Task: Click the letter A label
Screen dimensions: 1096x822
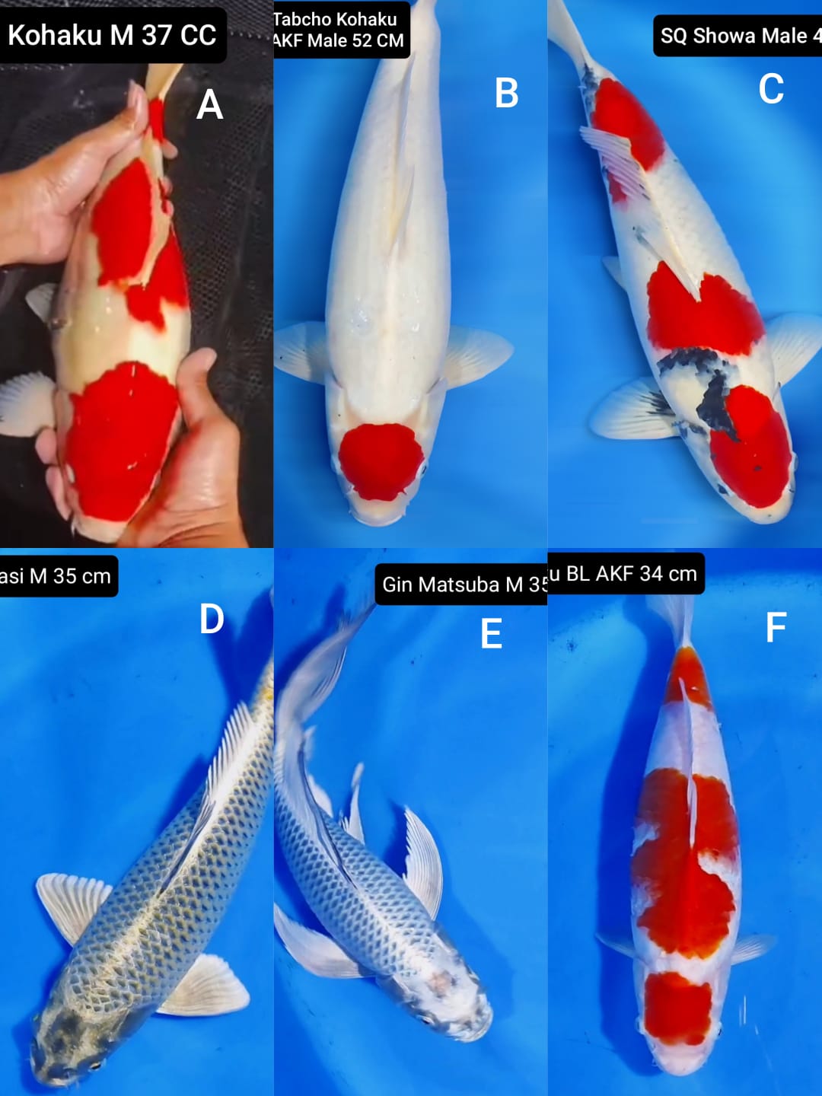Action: (209, 104)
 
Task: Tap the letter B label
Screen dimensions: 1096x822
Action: (506, 94)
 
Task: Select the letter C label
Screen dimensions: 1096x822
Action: (771, 89)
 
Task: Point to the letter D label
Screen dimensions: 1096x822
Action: (212, 620)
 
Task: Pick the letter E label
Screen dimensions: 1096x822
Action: (491, 634)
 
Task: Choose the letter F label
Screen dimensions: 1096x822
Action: (775, 628)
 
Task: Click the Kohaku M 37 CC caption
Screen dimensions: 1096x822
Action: (112, 35)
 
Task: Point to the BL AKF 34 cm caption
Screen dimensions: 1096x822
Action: (626, 573)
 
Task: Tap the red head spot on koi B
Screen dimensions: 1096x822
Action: (380, 461)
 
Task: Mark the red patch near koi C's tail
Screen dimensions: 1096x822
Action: (626, 122)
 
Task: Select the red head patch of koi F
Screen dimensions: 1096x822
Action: (677, 1008)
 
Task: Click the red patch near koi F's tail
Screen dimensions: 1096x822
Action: (688, 677)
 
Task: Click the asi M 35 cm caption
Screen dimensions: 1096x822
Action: (56, 576)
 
